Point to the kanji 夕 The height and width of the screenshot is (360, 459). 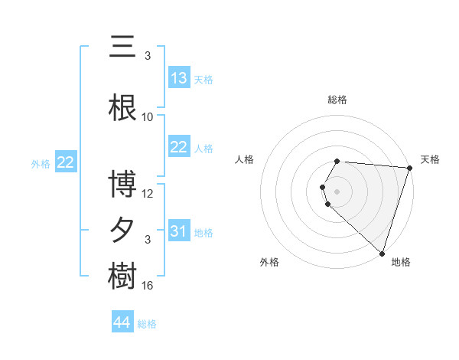pos(123,231)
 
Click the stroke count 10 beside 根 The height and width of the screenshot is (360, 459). pos(148,117)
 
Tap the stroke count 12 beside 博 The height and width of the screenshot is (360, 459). pos(148,194)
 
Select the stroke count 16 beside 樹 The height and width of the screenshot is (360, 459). pos(148,286)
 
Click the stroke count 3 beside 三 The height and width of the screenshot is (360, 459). pos(148,56)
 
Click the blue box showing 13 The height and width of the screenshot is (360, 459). pos(179,78)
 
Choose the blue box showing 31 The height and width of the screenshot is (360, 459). pos(179,231)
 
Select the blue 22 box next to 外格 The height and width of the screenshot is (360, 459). pos(66,162)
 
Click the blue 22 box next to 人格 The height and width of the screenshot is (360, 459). pos(179,147)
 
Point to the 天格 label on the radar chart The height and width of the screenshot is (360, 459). pos(430,159)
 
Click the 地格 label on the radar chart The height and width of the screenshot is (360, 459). pos(401,262)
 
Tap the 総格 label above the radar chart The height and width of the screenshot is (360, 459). pos(337,100)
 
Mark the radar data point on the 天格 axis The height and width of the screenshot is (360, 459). pos(409,168)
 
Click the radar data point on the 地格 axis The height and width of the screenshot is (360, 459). pos(382,253)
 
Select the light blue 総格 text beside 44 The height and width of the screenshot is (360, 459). pos(147,324)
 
